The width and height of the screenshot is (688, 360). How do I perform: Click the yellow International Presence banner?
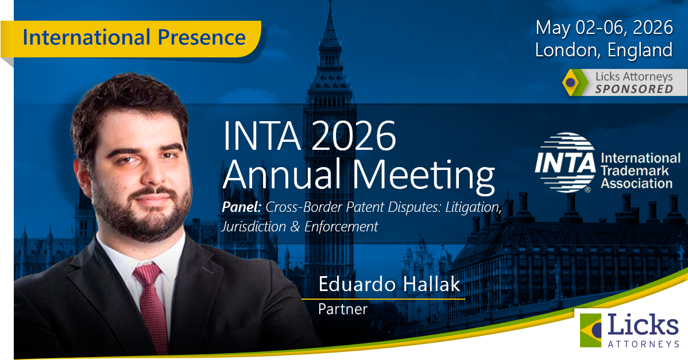[131, 38]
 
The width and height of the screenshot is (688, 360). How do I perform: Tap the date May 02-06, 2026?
[604, 28]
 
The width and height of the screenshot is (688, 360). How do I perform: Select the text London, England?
[604, 49]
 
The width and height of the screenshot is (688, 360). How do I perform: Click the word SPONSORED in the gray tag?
[634, 89]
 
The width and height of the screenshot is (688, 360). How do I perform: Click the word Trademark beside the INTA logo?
[635, 171]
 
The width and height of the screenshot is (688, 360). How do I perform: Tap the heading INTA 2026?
[310, 136]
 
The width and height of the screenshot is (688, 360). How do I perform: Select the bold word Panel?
[242, 207]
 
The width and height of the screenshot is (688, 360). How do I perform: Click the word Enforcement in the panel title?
[341, 226]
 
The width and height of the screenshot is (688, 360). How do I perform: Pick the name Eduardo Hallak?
[389, 284]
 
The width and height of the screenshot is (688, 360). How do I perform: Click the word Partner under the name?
[343, 309]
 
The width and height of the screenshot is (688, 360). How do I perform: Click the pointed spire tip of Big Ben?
[330, 2]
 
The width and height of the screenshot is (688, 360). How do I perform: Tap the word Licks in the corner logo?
[643, 326]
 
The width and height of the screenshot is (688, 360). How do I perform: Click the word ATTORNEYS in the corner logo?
[644, 344]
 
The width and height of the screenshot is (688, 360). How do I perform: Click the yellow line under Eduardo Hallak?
[383, 299]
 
